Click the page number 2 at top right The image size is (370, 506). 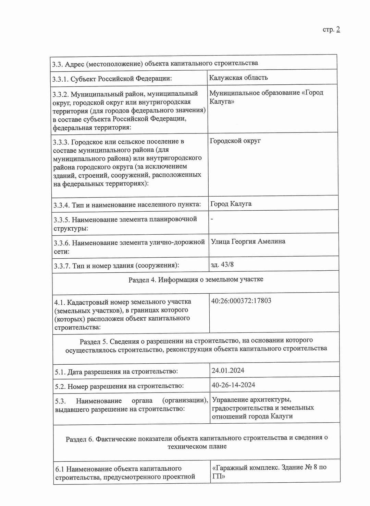338,30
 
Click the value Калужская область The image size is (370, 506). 238,78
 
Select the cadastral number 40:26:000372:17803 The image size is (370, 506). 241,301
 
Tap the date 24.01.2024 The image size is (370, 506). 228,370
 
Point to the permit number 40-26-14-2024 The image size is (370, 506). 233,385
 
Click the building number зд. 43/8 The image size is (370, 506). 222,264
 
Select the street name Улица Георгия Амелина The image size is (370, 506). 248,241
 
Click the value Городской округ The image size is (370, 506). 235,141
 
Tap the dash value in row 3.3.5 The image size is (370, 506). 212,219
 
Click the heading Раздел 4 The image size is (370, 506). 142,280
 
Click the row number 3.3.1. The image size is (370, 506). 60,79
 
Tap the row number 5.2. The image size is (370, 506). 60,387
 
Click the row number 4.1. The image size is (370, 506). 59,303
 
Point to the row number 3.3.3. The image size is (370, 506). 61,142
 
